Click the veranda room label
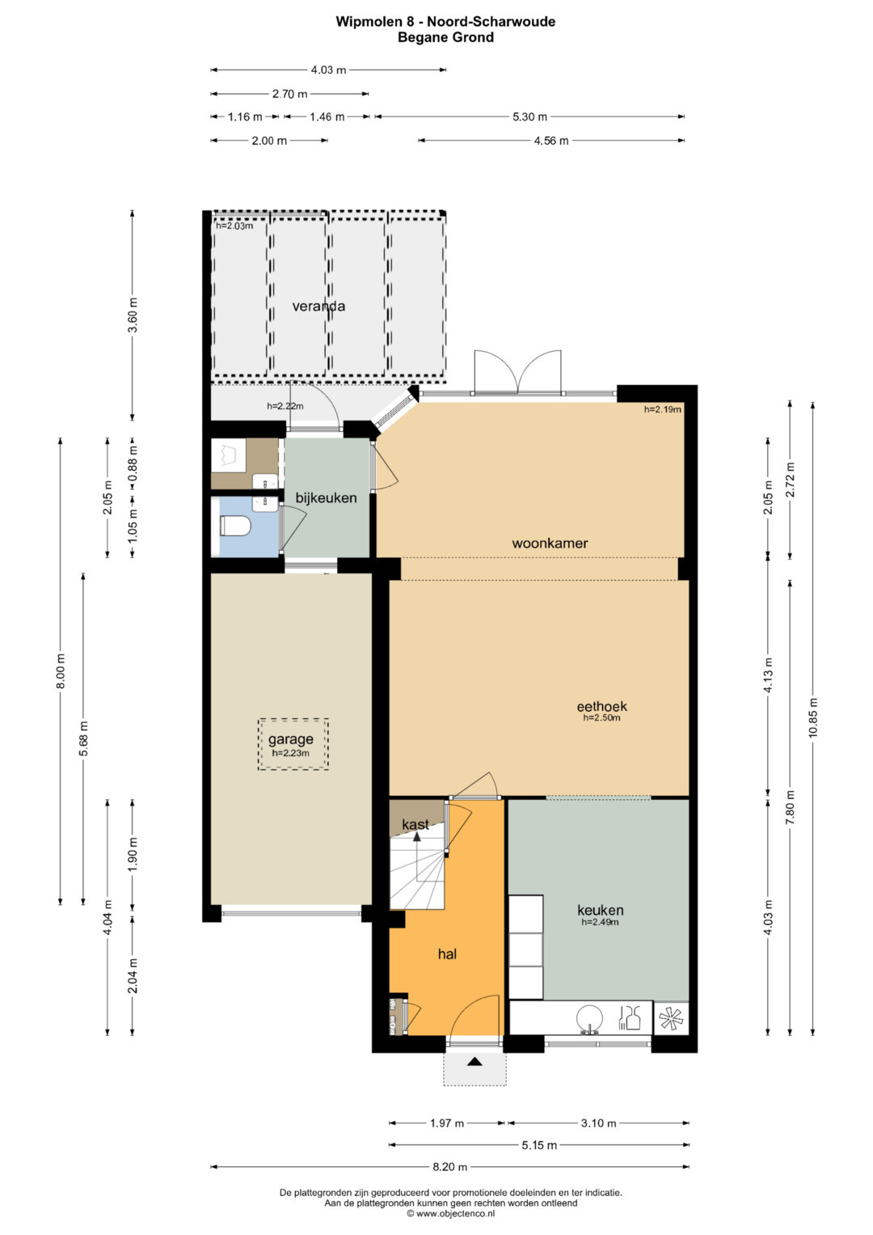[318, 306]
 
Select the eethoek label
[602, 706]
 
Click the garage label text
[290, 738]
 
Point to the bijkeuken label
[327, 498]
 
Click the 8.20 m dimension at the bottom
[450, 1166]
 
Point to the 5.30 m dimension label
[529, 117]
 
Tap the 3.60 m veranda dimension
[133, 314]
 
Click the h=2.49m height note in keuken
[600, 921]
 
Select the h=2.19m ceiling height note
[663, 409]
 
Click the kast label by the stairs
[415, 824]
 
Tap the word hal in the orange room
[447, 954]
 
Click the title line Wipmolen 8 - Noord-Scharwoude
[445, 22]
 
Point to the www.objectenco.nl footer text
[451, 1213]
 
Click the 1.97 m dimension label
[447, 1123]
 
